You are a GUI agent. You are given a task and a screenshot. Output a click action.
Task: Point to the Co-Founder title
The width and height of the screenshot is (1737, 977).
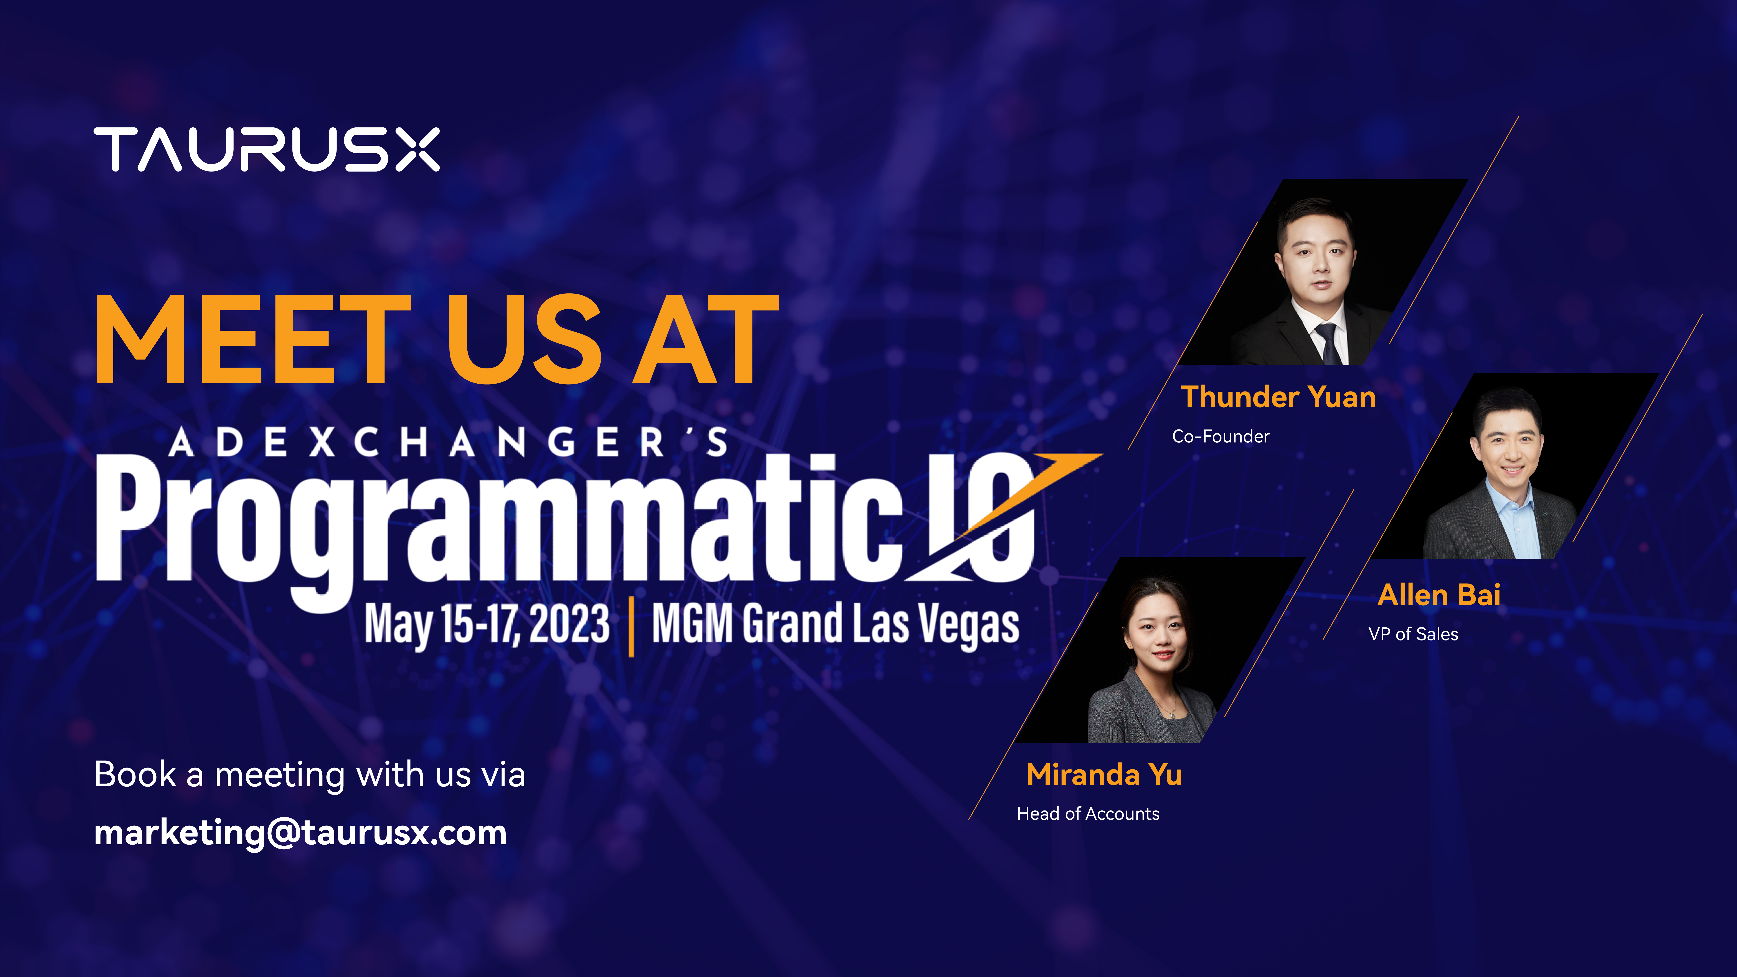pyautogui.click(x=1221, y=436)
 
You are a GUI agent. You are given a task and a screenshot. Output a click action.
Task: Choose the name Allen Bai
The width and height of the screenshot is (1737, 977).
pyautogui.click(x=1439, y=595)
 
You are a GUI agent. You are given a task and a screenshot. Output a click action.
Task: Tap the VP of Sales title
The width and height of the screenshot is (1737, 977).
pyautogui.click(x=1413, y=634)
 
